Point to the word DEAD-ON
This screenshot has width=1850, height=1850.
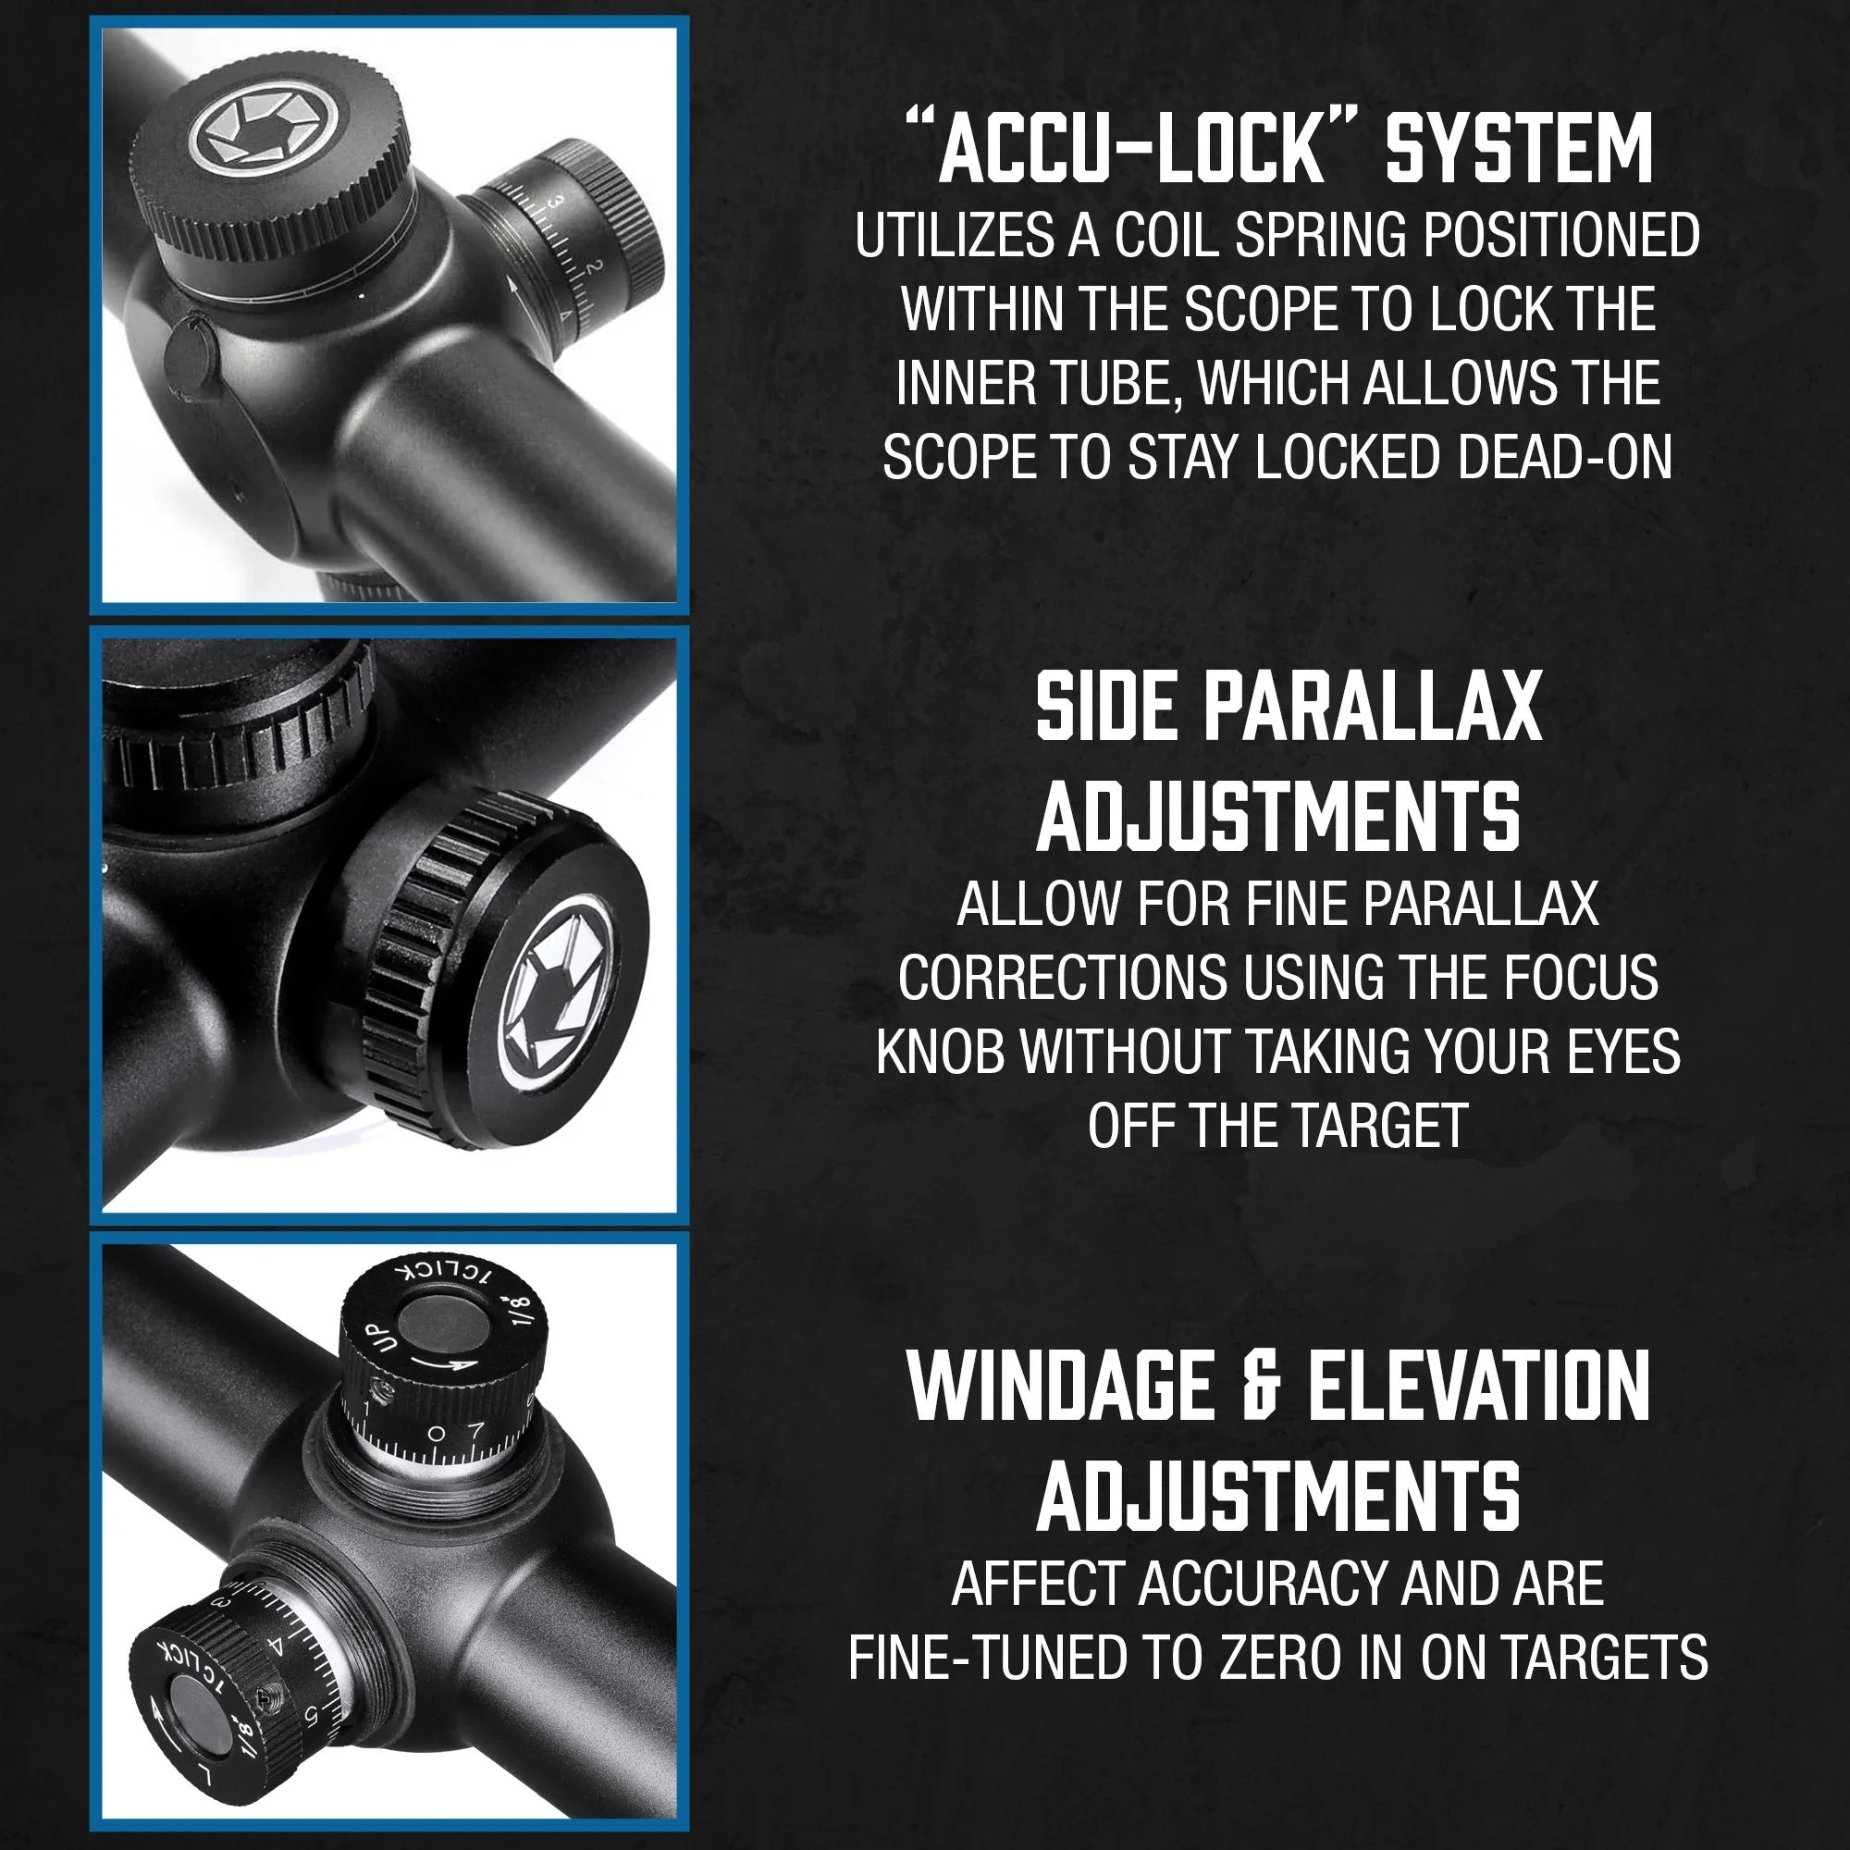[1565, 457]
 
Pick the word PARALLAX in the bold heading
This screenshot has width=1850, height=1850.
[1372, 707]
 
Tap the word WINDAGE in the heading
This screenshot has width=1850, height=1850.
[1061, 1387]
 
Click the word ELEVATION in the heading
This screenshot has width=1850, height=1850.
[1479, 1387]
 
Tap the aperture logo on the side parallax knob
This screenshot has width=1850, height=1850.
[560, 996]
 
